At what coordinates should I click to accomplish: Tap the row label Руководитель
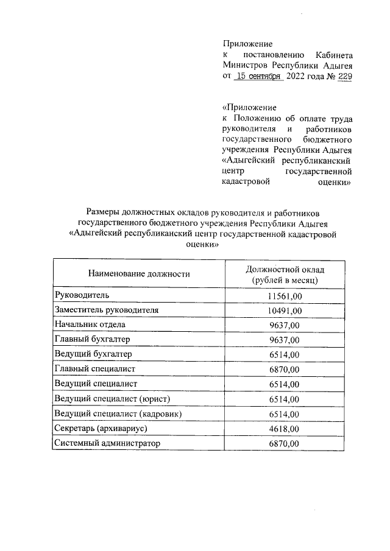(82, 295)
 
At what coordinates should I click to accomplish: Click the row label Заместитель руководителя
(107, 310)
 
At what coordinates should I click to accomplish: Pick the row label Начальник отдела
(90, 325)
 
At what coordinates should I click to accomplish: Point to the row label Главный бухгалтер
(93, 340)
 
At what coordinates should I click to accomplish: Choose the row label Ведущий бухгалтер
(93, 354)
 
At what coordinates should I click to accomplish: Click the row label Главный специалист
(94, 369)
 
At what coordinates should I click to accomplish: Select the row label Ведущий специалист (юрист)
(111, 399)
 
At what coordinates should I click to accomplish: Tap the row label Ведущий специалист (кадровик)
(118, 414)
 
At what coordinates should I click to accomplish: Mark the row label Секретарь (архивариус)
(101, 429)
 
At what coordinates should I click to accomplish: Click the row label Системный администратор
(107, 444)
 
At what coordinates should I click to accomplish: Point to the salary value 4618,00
(284, 429)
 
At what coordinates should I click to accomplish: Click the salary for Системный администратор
(284, 444)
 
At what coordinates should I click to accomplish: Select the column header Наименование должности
(139, 274)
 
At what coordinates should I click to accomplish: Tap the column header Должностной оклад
(285, 268)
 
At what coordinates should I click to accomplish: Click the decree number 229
(344, 77)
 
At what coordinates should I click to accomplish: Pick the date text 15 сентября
(258, 77)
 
